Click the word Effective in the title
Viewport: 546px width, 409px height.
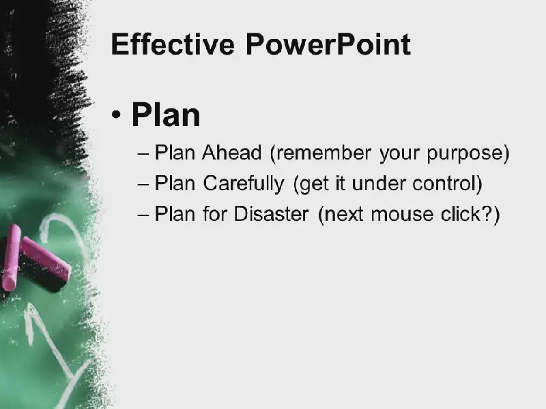point(173,44)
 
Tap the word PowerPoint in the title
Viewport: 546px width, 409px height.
point(328,44)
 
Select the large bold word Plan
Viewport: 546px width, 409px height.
point(166,115)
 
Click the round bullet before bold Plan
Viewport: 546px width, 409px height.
point(116,115)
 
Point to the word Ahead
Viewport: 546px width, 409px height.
point(231,152)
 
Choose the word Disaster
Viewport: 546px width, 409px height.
point(271,213)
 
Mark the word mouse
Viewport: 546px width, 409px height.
point(402,215)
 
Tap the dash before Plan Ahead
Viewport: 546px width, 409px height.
point(143,153)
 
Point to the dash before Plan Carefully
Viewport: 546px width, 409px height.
point(143,184)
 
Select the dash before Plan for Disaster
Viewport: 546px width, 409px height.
point(143,215)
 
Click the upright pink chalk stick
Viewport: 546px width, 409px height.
point(10,258)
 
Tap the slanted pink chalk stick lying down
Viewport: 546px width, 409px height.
point(45,259)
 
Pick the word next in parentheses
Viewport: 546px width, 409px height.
point(344,215)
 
